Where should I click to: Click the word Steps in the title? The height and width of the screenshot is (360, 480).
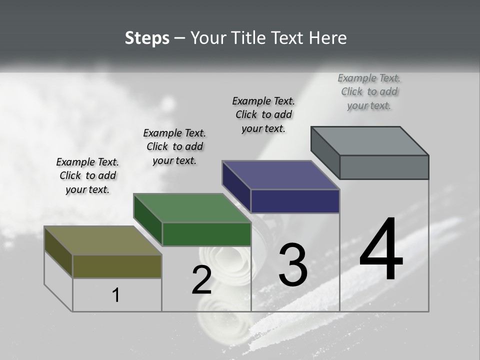[147, 38]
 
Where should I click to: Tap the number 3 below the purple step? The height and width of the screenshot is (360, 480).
[292, 264]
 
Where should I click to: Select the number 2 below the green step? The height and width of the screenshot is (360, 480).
[201, 280]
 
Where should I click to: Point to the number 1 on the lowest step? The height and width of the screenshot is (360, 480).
[116, 295]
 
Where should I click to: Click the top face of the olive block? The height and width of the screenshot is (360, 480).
[102, 240]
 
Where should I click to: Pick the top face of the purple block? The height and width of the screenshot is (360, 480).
[280, 175]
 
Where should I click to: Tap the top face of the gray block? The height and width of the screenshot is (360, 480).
[369, 141]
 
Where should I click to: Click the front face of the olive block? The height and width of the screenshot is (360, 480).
[117, 266]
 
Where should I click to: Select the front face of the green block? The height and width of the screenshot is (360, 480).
[206, 234]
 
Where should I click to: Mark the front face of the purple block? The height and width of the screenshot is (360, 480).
[295, 201]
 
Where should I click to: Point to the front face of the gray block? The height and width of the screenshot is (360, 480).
[384, 167]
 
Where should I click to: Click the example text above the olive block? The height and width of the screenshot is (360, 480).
[87, 175]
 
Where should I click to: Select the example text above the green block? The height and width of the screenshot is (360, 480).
[174, 146]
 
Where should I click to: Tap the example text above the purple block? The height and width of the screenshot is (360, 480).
[263, 114]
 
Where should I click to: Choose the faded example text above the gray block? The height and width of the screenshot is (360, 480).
[369, 91]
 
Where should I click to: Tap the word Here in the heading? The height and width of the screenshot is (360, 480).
[328, 38]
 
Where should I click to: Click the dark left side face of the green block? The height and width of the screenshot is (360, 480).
[148, 220]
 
